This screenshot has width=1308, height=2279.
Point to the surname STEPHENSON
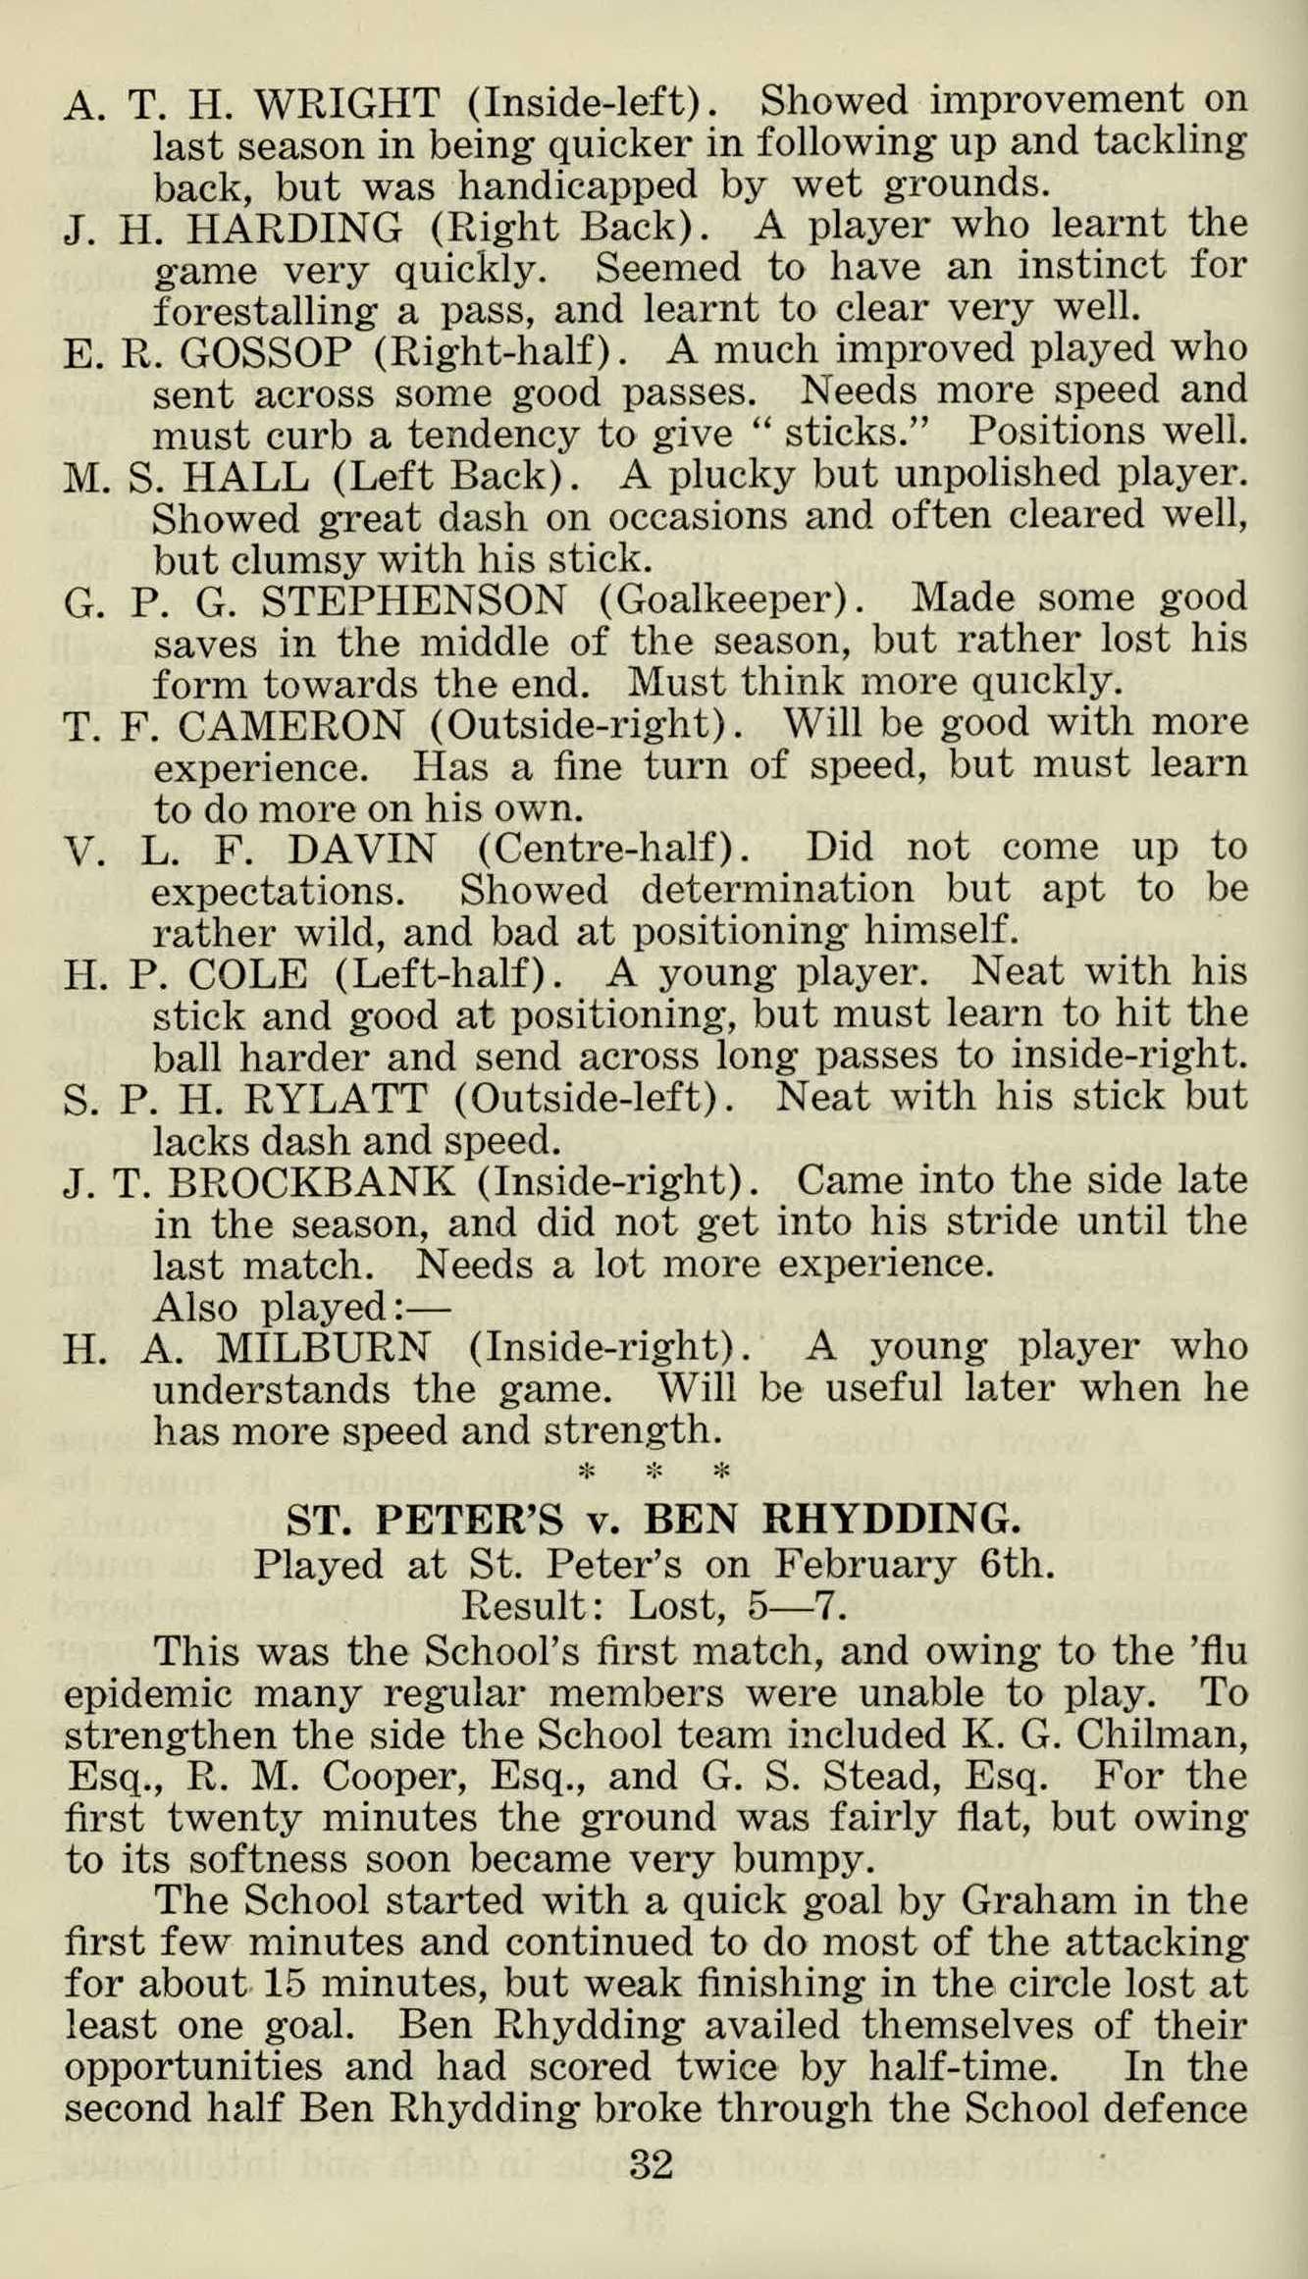[x=392, y=599]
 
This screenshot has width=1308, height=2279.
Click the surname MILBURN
[x=321, y=1346]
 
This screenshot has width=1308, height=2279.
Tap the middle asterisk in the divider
[x=654, y=1472]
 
